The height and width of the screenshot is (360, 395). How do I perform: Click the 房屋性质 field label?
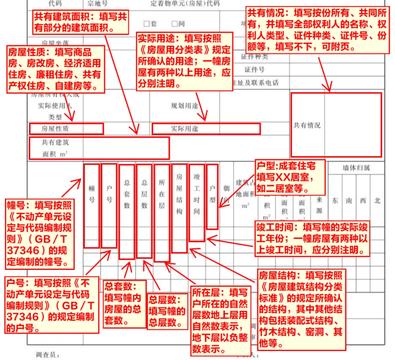tap(55, 128)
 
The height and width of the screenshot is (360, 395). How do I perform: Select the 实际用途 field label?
tap(184, 128)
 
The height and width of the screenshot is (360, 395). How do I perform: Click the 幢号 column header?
tap(92, 194)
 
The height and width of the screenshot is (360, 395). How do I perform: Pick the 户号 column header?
tap(109, 194)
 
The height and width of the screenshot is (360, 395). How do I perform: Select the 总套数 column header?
tap(127, 194)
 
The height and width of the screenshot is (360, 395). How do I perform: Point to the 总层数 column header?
tap(144, 194)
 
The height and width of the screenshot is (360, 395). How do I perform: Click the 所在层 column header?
tap(162, 194)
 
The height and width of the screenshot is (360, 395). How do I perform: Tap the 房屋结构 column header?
tap(179, 194)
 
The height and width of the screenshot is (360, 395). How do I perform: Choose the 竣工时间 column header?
tap(196, 194)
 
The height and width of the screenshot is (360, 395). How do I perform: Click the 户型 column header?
tap(212, 194)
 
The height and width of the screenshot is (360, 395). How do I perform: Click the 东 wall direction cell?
tap(335, 201)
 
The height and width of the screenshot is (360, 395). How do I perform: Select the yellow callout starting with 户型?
tap(291, 177)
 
